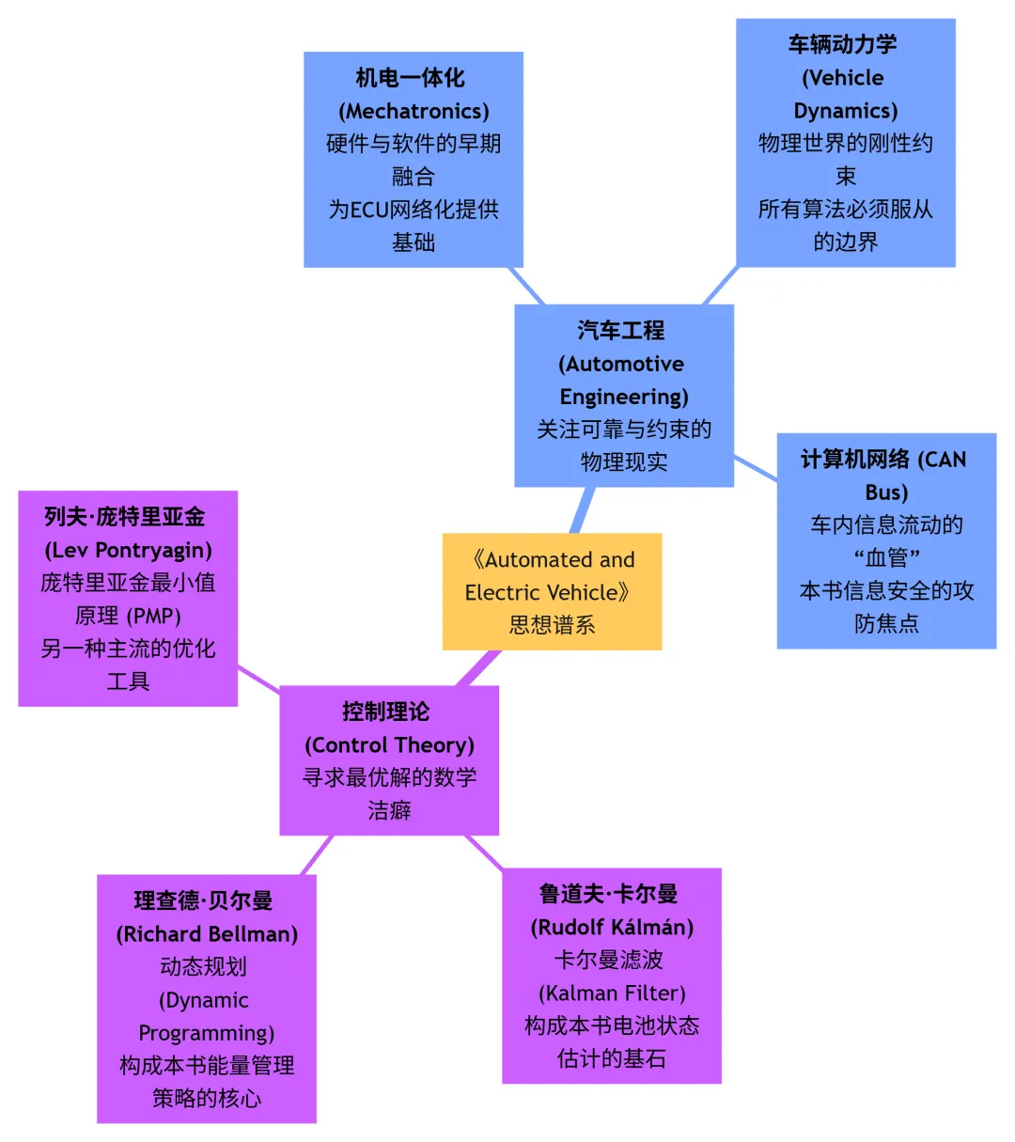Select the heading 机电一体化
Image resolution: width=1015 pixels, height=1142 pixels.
coord(410,78)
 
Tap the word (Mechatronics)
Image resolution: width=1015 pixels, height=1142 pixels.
coord(414,111)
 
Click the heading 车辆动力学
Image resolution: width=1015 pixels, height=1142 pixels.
coord(842,44)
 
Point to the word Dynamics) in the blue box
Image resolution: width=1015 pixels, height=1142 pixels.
coord(845,111)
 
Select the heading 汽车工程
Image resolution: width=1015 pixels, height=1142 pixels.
coord(620,331)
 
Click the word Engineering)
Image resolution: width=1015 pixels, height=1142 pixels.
coord(624,397)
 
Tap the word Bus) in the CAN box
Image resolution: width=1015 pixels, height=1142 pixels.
coord(886,493)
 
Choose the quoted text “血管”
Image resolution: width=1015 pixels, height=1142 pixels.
coord(886,558)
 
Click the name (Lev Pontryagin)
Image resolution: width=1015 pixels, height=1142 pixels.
coord(128,550)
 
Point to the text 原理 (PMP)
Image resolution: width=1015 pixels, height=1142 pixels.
coord(128,616)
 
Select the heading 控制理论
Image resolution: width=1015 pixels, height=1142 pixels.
coord(386,712)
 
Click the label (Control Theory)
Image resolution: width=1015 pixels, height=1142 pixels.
coord(389,745)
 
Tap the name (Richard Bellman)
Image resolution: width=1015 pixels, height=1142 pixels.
coord(207,934)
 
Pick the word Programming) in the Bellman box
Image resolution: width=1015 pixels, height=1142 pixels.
coord(207,1033)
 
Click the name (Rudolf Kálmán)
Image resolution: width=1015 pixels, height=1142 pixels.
coord(612,928)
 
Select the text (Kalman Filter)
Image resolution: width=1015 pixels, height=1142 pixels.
coord(612,993)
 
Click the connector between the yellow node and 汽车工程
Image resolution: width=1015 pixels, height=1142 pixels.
coord(582,510)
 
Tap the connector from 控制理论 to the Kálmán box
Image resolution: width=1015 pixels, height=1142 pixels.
coord(485,853)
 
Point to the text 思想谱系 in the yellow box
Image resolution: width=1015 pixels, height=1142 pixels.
coord(552,625)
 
